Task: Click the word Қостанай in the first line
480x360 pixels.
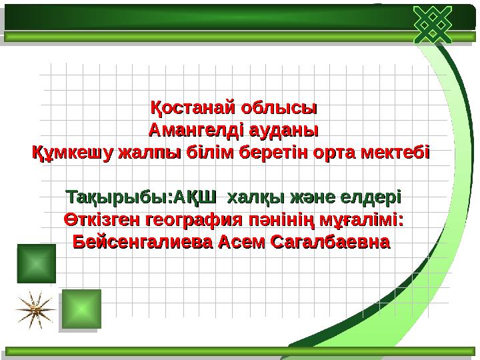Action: (193, 107)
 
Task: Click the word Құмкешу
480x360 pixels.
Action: (73, 153)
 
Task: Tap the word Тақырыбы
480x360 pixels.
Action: (118, 198)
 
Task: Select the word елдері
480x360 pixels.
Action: (371, 198)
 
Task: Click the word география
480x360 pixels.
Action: (193, 220)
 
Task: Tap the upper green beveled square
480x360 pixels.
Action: (36, 263)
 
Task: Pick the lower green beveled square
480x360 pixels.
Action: (81, 309)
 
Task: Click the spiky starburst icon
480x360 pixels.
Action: (32, 309)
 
